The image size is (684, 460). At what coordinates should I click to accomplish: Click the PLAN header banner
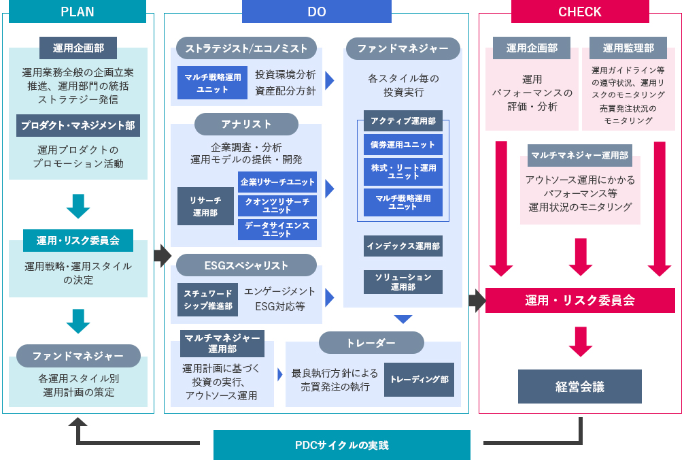click(x=78, y=12)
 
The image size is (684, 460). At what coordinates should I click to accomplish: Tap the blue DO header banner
click(x=317, y=12)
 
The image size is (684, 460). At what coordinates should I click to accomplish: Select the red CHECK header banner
click(x=580, y=12)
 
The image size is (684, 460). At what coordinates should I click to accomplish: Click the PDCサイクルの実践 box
click(x=341, y=445)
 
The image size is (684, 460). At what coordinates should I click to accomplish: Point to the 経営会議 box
click(x=580, y=387)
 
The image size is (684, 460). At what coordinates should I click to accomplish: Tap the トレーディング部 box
click(x=419, y=380)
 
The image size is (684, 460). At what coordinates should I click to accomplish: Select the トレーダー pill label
click(x=371, y=343)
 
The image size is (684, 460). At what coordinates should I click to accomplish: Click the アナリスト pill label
click(x=246, y=125)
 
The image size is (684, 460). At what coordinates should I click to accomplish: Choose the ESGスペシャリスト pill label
click(x=246, y=265)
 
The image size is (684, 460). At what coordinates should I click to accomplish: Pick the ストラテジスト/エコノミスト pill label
click(x=246, y=48)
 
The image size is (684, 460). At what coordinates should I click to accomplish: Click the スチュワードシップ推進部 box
click(x=207, y=300)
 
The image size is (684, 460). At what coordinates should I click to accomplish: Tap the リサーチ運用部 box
click(x=205, y=206)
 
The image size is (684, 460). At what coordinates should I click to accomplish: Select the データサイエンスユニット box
click(x=277, y=229)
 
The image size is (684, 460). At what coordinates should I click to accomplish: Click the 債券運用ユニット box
click(x=403, y=145)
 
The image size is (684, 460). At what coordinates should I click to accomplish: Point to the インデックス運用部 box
click(x=403, y=246)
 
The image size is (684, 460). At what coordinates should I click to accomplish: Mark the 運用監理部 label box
click(x=628, y=48)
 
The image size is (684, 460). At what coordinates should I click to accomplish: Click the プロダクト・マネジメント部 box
click(x=78, y=126)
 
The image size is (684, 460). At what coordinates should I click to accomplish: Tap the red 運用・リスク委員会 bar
click(x=580, y=300)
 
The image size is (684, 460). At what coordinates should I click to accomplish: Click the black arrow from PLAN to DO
click(x=163, y=256)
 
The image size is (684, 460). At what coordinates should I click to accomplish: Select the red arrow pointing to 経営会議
click(x=581, y=342)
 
